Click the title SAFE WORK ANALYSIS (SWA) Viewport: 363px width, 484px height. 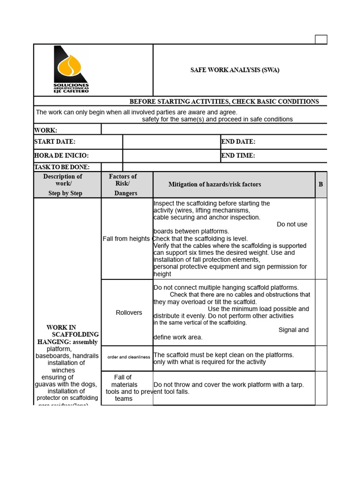click(234, 70)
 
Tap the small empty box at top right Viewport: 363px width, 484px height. click(321, 39)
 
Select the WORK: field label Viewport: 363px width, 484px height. click(46, 130)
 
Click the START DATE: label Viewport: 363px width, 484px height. click(55, 142)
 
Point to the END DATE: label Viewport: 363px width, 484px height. click(238, 142)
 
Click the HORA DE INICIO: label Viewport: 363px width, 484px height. click(61, 156)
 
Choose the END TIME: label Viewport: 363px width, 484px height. click(238, 156)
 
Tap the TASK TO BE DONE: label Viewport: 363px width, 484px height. click(62, 167)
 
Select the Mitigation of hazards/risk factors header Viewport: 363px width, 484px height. click(215, 184)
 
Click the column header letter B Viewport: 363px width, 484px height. click(321, 184)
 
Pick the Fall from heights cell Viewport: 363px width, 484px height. click(126, 239)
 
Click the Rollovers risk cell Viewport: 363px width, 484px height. click(129, 312)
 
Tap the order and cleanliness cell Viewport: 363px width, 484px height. click(129, 357)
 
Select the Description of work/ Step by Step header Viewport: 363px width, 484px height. click(63, 184)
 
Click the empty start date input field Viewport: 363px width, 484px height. click(171, 142)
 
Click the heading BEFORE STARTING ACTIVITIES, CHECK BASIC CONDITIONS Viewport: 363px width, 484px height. click(224, 102)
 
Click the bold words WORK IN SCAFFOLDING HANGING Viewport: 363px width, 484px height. click(67, 335)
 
